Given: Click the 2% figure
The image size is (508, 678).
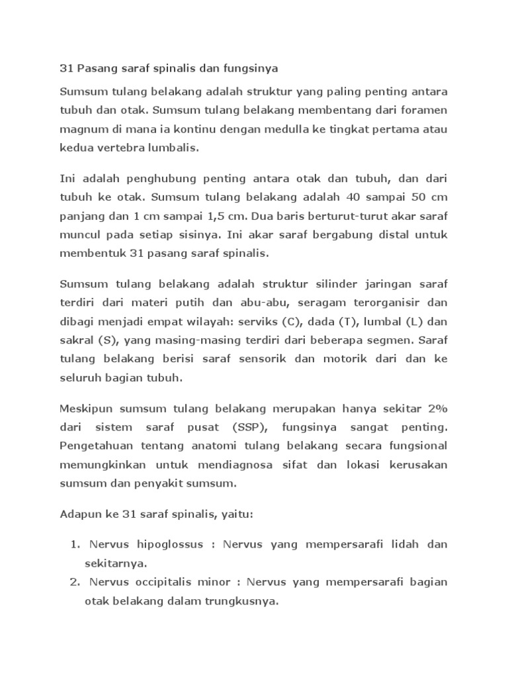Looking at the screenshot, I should point(434,406).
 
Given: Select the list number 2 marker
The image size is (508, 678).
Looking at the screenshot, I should point(74,583).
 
